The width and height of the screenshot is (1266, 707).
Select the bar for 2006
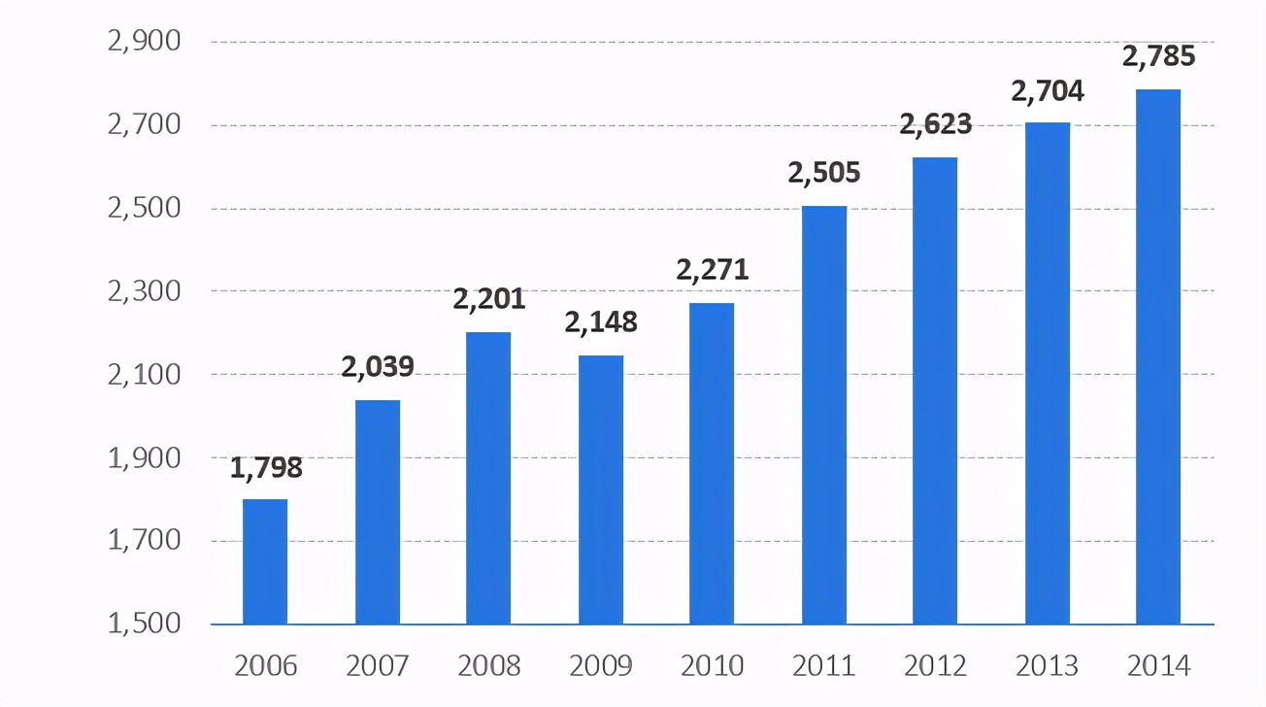point(265,561)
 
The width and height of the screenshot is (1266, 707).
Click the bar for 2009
point(601,489)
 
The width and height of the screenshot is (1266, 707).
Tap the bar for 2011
point(824,415)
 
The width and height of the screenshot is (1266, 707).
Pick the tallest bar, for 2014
point(1158,356)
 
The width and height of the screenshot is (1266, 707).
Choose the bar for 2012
point(935,390)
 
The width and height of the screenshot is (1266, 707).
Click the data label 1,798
point(266,468)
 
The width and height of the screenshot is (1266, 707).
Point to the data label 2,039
point(378,366)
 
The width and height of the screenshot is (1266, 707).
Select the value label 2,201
point(489,299)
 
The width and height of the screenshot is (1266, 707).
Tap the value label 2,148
point(601,321)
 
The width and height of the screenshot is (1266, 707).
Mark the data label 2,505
point(824,173)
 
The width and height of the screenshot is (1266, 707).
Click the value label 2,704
point(1048,91)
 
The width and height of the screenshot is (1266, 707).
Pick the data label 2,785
point(1158,57)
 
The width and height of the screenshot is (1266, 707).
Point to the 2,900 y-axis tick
point(146,42)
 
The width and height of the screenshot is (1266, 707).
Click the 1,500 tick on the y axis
point(146,623)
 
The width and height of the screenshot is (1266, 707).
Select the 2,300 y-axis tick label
point(146,290)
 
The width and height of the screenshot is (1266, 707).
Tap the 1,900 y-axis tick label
point(146,456)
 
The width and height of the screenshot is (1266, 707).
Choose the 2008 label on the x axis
point(489,666)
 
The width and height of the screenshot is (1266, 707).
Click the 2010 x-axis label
point(713,666)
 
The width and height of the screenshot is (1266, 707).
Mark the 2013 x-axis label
point(1048,666)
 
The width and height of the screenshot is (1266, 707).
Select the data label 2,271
point(713,269)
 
